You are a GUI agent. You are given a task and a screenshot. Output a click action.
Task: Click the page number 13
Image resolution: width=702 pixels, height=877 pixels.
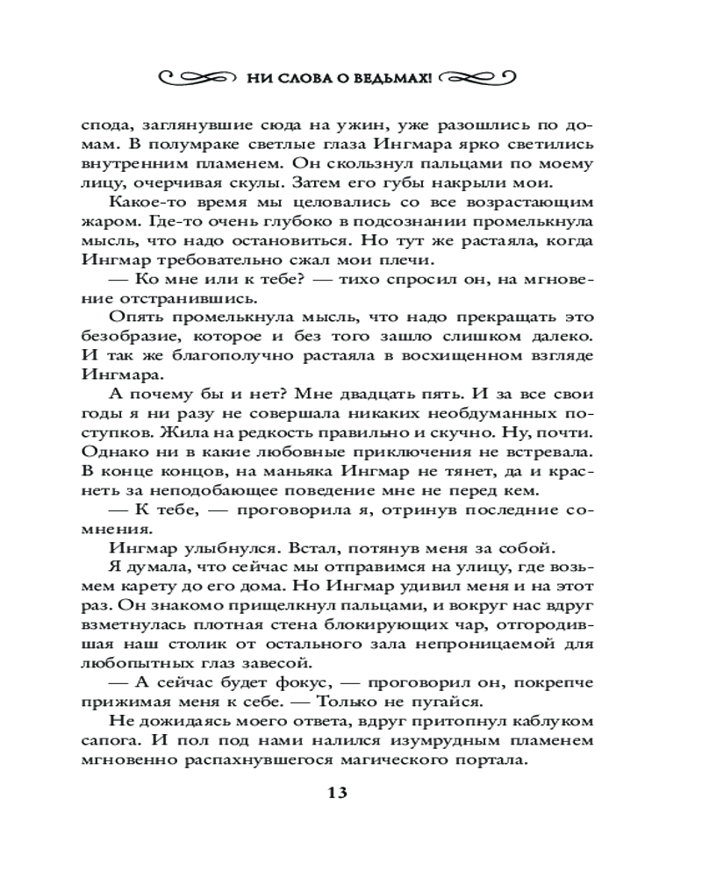coord(339,793)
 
